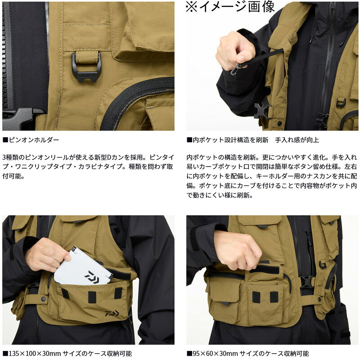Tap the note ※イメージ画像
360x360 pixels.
(x=230, y=6)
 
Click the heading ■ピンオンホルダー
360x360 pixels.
(x=31, y=140)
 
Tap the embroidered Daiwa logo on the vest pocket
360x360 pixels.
(x=112, y=313)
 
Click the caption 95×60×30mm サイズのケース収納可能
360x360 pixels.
(x=248, y=354)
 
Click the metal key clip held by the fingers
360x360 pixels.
(x=234, y=70)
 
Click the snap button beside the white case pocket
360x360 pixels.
(x=43, y=299)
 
